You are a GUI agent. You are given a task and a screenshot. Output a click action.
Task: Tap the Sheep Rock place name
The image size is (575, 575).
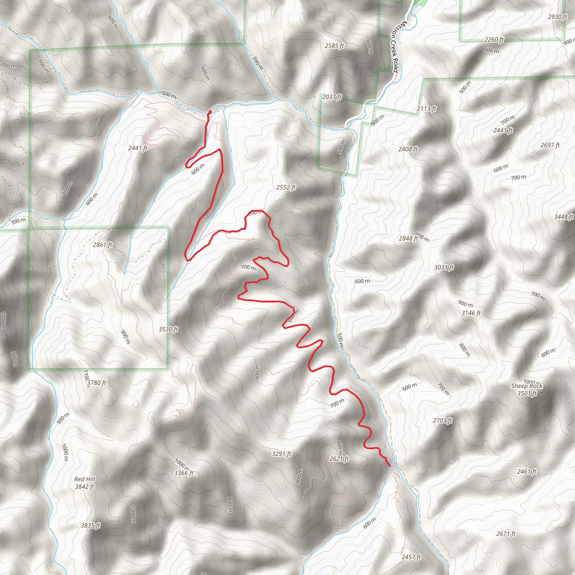tap(527, 386)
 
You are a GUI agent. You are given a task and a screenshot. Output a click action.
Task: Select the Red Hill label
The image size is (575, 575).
tap(85, 479)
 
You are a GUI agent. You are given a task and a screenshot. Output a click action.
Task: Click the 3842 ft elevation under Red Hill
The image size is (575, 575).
tap(85, 487)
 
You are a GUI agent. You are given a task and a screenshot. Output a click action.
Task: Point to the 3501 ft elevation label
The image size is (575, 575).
tap(527, 393)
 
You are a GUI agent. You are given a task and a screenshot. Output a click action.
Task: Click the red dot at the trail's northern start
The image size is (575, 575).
tap(210, 112)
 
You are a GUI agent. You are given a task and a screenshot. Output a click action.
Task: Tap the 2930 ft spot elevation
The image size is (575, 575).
tap(557, 17)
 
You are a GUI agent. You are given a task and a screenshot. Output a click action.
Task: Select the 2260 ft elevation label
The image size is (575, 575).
tap(494, 39)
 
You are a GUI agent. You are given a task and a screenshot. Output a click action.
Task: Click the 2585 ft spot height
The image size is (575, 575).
tap(334, 45)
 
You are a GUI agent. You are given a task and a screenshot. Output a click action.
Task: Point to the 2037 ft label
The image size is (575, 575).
tap(332, 97)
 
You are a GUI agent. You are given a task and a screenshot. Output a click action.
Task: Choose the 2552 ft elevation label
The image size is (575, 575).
tap(286, 187)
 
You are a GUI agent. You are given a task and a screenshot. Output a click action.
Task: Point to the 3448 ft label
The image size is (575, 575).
tap(563, 217)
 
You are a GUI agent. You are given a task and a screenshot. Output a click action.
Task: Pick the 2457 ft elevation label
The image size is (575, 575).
tap(411, 556)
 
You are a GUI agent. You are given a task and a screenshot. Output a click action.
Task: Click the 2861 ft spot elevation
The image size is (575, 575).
tap(102, 245)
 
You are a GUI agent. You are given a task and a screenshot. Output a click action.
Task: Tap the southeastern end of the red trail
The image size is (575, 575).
tap(390, 466)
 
